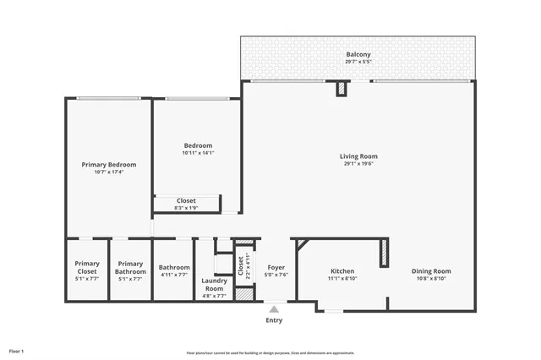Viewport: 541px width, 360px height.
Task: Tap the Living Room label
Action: (x=358, y=155)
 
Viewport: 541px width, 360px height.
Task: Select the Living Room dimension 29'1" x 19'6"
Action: (x=358, y=164)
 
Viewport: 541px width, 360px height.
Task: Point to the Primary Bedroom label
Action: (x=108, y=164)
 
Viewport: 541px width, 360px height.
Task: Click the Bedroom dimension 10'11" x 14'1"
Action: (x=198, y=153)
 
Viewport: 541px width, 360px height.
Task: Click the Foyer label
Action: (x=276, y=267)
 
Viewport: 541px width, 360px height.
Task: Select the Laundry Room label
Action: (x=213, y=284)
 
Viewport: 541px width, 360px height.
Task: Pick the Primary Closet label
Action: (x=87, y=267)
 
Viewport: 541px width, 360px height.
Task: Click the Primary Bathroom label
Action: (x=130, y=267)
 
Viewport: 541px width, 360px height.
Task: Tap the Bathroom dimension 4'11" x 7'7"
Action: (x=174, y=275)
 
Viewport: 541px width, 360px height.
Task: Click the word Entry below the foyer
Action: (x=275, y=320)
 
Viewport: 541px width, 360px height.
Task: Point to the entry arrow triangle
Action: (x=274, y=308)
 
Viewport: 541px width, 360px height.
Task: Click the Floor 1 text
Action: (x=16, y=350)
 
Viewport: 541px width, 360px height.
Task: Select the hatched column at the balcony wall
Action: (x=342, y=88)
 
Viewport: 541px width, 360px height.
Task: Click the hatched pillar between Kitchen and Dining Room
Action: (x=383, y=252)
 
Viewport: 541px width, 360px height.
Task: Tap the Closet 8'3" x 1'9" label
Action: (x=186, y=200)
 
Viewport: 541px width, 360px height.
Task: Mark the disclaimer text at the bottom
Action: (x=270, y=352)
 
